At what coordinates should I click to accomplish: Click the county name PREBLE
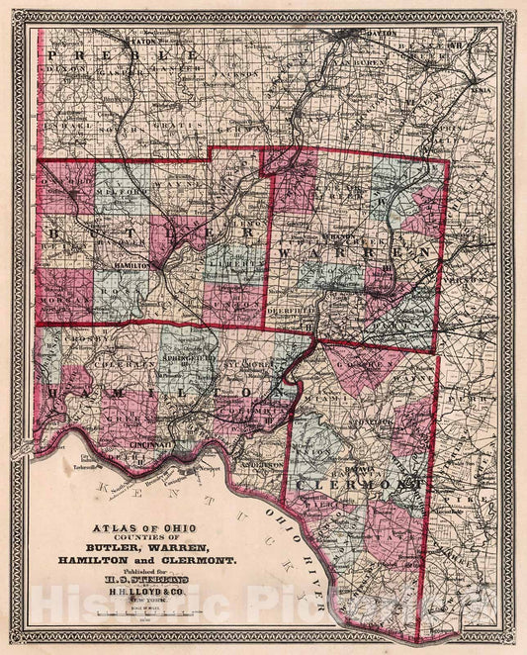click(123, 54)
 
